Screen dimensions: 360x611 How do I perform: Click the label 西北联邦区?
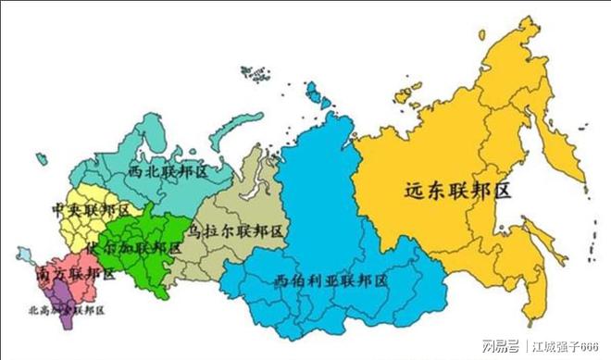[168, 172]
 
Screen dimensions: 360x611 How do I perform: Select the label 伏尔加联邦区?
[133, 249]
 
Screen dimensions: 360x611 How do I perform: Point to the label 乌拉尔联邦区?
[236, 230]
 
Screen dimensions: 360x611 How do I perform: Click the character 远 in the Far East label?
[414, 192]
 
